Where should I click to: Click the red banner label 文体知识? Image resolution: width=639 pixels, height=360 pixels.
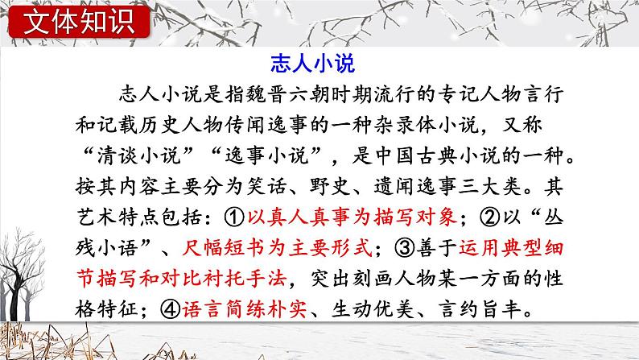click(x=77, y=22)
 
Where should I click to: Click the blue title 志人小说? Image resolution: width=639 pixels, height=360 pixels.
click(x=320, y=63)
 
